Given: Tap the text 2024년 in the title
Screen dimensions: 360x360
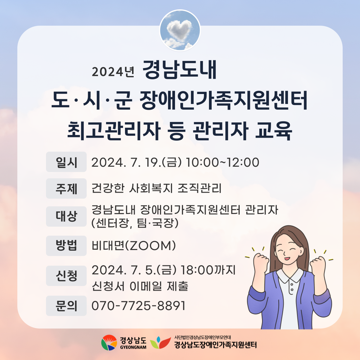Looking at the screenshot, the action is coord(113,72).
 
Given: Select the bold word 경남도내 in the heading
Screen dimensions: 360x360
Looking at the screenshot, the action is coord(180,70).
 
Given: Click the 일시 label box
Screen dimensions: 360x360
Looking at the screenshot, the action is coord(66,162).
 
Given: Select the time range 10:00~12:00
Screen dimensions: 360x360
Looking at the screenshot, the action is coord(222,162).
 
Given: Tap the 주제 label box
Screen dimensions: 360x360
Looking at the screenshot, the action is coord(66,188).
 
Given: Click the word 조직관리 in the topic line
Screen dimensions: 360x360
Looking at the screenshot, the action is coord(200,188).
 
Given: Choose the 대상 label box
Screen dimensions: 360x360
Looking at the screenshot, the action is coord(66,217).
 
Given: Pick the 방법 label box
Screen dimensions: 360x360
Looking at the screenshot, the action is coord(66,246).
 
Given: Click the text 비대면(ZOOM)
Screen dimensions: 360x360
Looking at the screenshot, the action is coord(134,246).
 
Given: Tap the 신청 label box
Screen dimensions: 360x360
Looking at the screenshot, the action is coord(66,276).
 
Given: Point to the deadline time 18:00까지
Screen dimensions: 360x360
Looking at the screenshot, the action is coord(208,270).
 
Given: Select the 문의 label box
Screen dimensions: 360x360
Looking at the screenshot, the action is coord(66,306).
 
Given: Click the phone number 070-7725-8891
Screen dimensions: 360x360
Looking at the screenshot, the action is coord(138,306).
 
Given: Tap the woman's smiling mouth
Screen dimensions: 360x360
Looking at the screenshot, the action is coord(287,258).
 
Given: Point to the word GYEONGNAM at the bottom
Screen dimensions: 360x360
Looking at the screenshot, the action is coord(133,347).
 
